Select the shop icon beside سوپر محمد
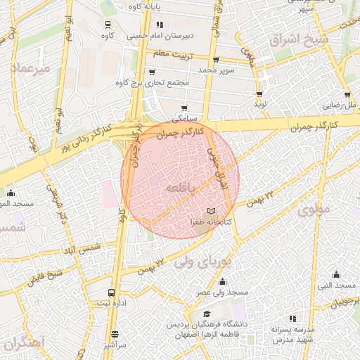pyautogui.click(x=215, y=60)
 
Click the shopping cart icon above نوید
pyautogui.click(x=260, y=94)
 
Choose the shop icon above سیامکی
pyautogui.click(x=184, y=108)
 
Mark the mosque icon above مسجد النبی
pyautogui.click(x=336, y=274)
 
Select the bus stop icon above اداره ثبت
pyautogui.click(x=111, y=292)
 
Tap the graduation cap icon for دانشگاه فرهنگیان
pyautogui.click(x=206, y=315)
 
